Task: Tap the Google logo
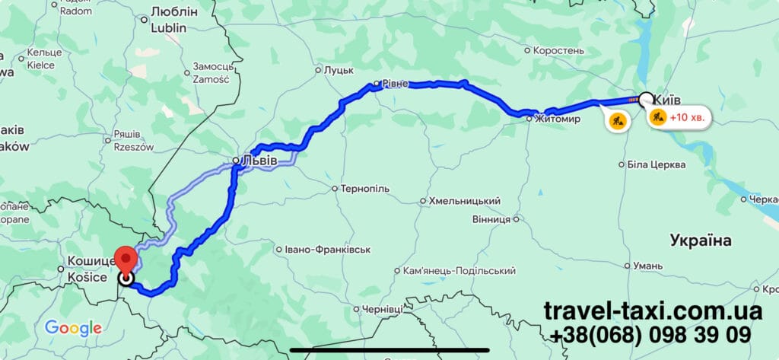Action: pyautogui.click(x=73, y=328)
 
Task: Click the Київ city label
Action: pyautogui.click(x=667, y=98)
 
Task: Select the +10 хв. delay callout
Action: pyautogui.click(x=679, y=117)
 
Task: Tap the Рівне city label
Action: pyautogui.click(x=395, y=84)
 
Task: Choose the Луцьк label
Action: pyautogui.click(x=339, y=70)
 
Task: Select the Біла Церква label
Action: pyautogui.click(x=656, y=164)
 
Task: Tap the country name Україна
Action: pyautogui.click(x=701, y=241)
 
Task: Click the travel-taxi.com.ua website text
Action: pyautogui.click(x=652, y=311)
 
